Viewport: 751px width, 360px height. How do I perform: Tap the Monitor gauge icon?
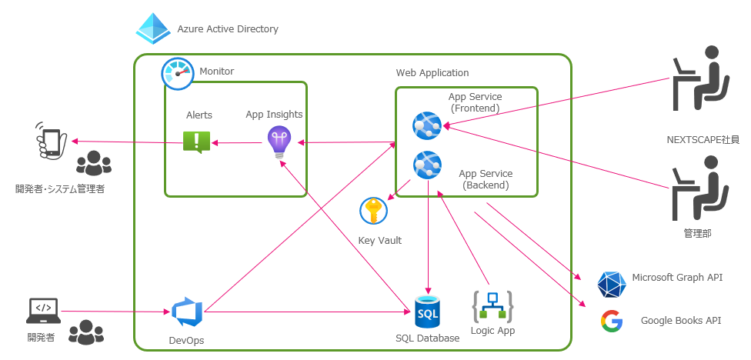coord(178,74)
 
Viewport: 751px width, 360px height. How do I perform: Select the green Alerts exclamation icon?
coord(196,142)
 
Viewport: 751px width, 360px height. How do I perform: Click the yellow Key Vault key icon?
coord(374,211)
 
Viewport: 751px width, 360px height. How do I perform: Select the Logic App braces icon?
coord(492,307)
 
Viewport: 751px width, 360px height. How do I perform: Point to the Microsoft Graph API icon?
coord(612,285)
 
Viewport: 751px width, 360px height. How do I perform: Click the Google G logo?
coord(612,321)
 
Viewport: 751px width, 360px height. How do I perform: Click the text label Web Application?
coord(432,73)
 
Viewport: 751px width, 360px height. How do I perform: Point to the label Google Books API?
coord(681,321)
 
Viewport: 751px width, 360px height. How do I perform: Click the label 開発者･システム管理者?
coord(60,188)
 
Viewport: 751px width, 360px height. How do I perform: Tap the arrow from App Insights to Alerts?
coord(239,142)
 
